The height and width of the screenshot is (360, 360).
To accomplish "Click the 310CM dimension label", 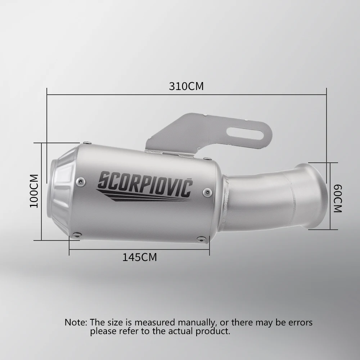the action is pos(186,86).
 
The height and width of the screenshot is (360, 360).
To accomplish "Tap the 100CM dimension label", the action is pos(34,191).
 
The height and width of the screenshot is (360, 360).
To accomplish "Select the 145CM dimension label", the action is pos(140,257).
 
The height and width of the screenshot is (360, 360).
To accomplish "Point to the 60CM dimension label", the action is pos(338,198).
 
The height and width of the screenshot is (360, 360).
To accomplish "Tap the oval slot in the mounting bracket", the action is pos(246,134).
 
